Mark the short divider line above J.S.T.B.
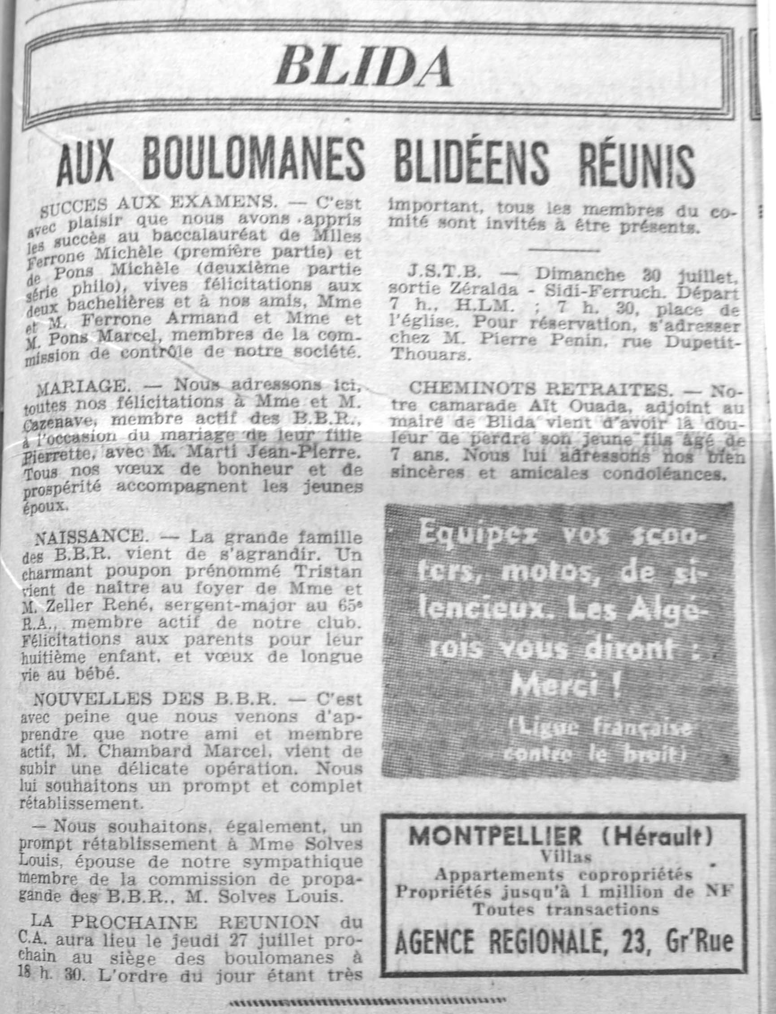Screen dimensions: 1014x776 point(564,250)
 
